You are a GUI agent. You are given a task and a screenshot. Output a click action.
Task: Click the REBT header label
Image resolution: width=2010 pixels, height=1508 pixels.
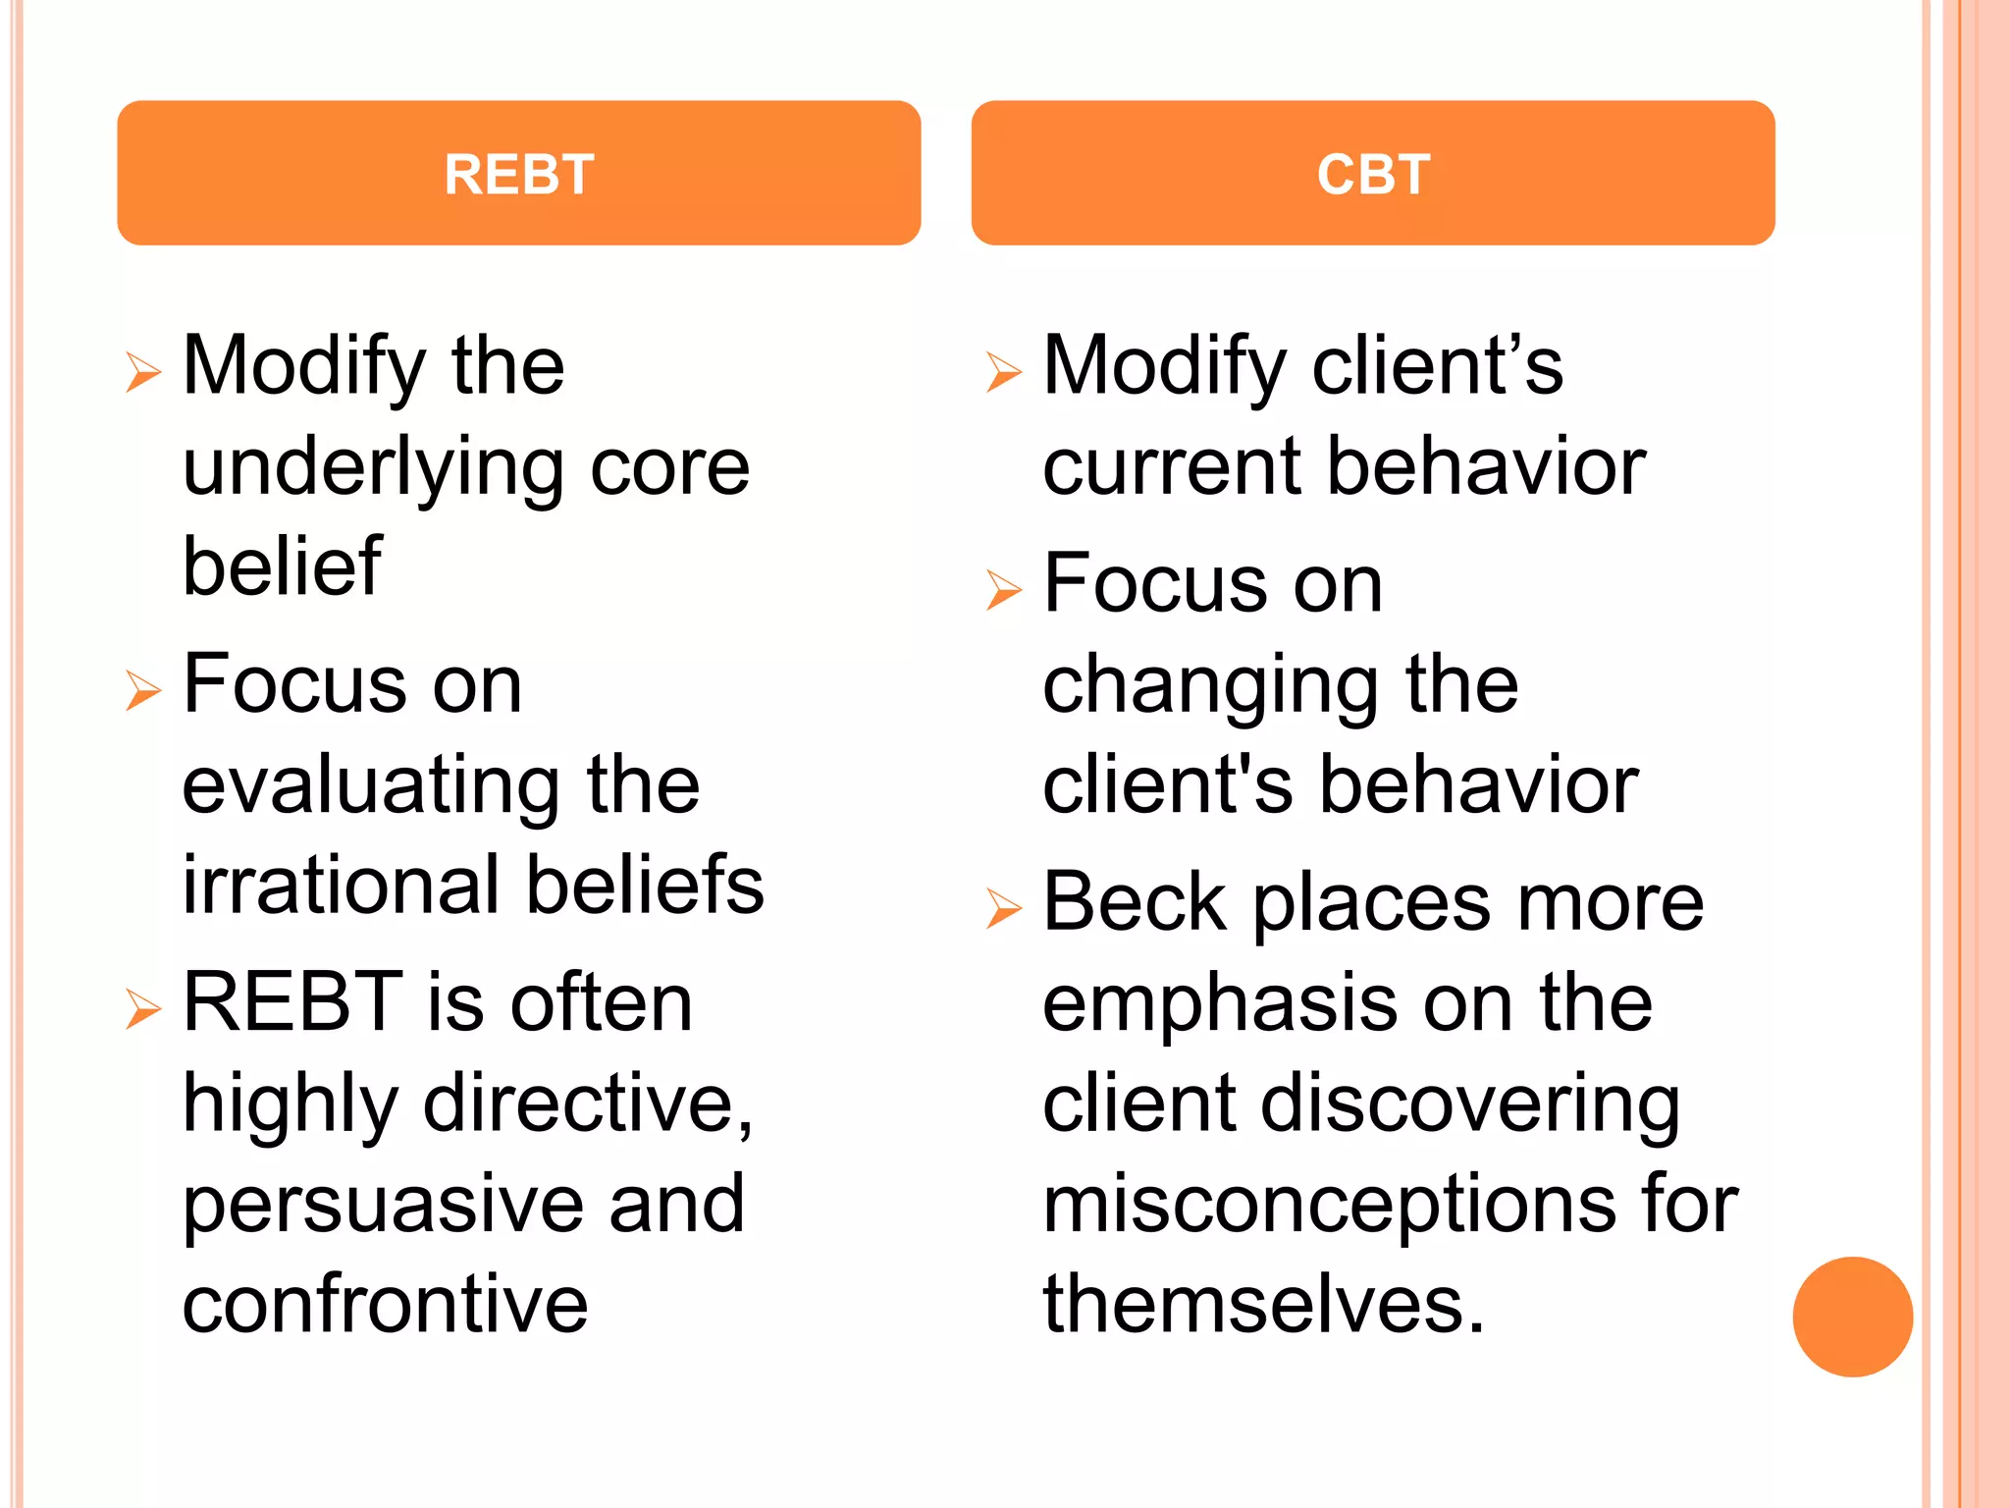click(x=518, y=175)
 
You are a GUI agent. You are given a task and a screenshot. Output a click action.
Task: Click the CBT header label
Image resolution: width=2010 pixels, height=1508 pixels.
click(x=1373, y=175)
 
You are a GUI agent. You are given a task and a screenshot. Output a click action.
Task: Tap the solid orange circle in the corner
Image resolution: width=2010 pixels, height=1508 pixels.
click(x=1852, y=1317)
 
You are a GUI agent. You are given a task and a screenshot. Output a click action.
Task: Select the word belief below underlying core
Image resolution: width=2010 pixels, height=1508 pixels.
click(x=282, y=566)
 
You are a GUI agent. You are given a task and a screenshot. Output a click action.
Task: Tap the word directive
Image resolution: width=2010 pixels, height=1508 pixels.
click(x=587, y=1104)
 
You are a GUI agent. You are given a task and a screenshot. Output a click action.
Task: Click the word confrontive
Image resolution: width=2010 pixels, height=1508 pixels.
click(x=385, y=1305)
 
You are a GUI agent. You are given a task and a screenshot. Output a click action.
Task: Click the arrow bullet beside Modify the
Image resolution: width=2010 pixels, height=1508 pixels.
click(x=143, y=372)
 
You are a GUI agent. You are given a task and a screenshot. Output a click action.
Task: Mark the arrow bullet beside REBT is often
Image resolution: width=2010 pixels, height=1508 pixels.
click(x=143, y=1009)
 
